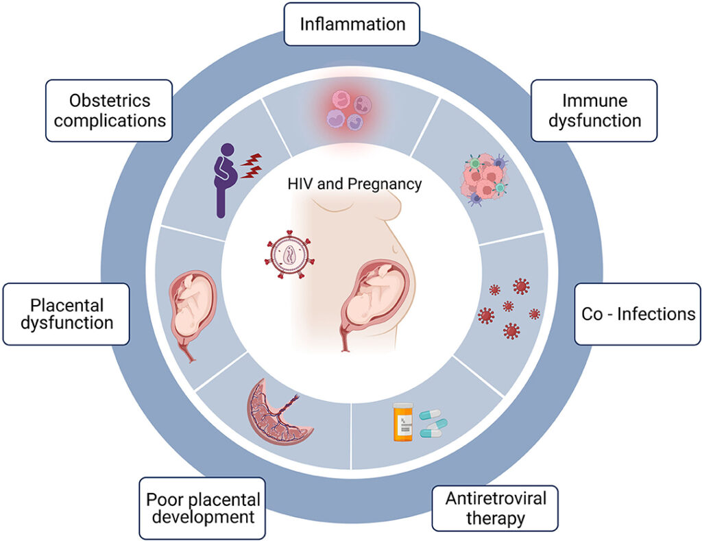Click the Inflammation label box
(x=352, y=24)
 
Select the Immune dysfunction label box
(x=594, y=110)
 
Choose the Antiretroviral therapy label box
(x=495, y=507)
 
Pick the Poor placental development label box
(x=202, y=507)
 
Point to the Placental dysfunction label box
(x=66, y=313)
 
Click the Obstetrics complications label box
(x=108, y=110)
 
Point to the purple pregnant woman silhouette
(x=222, y=180)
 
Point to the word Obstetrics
(x=109, y=101)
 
